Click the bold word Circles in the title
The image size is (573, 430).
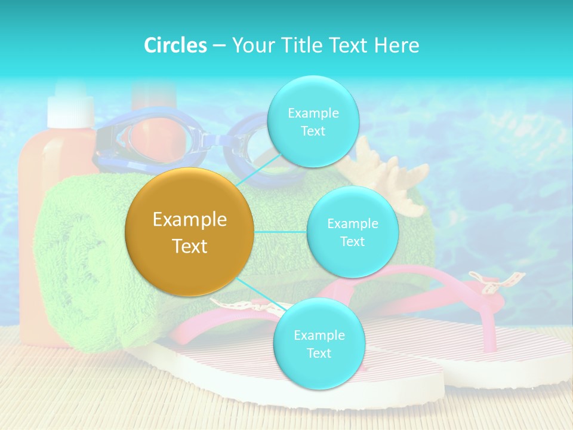click(175, 45)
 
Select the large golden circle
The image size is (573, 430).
click(190, 232)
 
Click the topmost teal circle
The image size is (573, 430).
click(313, 121)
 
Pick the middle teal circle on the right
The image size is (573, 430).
click(352, 232)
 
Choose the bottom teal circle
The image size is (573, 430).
click(319, 343)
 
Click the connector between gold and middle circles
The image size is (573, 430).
click(281, 232)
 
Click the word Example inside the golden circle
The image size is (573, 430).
click(190, 220)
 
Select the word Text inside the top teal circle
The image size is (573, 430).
click(313, 131)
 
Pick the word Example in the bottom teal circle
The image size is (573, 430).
click(319, 335)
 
